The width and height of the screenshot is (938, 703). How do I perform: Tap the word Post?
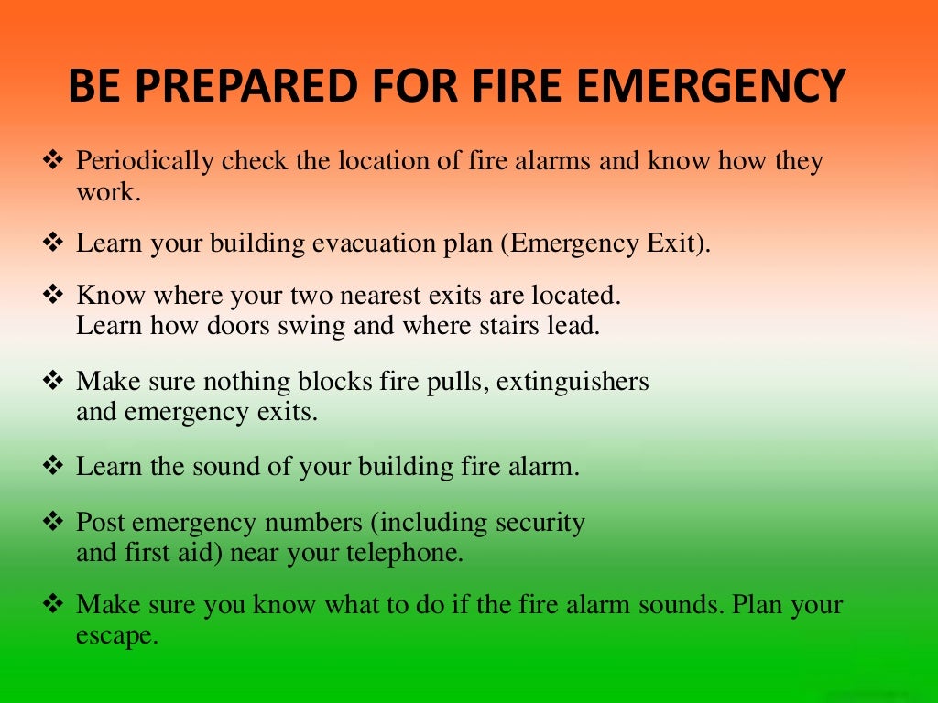[100, 523]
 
